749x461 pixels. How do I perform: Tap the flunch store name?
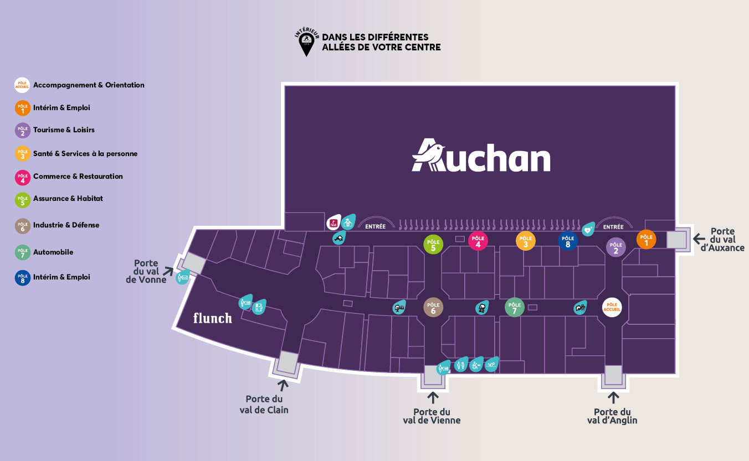pyautogui.click(x=212, y=318)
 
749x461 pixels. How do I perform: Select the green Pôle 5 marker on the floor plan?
pyautogui.click(x=433, y=244)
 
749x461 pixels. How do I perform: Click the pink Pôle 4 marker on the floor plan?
pyautogui.click(x=478, y=241)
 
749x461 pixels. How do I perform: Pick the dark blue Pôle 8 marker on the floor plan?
pyautogui.click(x=568, y=241)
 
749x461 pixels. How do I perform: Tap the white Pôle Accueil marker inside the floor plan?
pyautogui.click(x=612, y=307)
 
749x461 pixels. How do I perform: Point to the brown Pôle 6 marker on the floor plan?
pyautogui.click(x=433, y=307)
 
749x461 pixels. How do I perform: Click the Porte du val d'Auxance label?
pyautogui.click(x=722, y=240)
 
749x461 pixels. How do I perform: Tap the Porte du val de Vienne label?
pyautogui.click(x=432, y=416)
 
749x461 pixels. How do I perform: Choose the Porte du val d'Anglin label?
pyautogui.click(x=612, y=416)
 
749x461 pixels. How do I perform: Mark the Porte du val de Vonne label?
pyautogui.click(x=146, y=271)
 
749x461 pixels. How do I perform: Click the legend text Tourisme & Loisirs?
pyautogui.click(x=64, y=130)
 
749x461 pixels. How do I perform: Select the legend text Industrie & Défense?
pyautogui.click(x=66, y=225)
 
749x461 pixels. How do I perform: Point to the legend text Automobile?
pyautogui.click(x=53, y=252)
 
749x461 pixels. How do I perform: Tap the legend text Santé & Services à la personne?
pyautogui.click(x=85, y=154)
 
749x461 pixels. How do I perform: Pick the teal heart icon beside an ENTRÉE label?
pyautogui.click(x=588, y=229)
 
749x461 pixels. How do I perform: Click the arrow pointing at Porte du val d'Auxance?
pyautogui.click(x=699, y=239)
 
